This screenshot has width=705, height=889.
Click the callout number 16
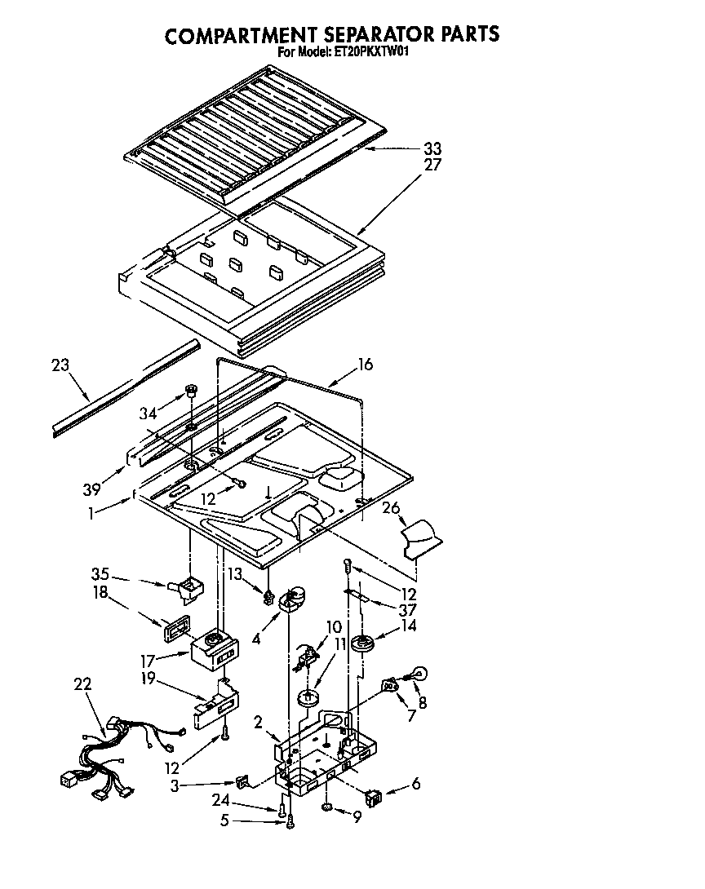[365, 365]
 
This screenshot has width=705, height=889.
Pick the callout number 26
[392, 508]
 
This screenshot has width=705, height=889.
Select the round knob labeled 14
[363, 644]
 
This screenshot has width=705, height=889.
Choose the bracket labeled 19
[215, 704]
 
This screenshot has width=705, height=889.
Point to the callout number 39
[91, 489]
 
